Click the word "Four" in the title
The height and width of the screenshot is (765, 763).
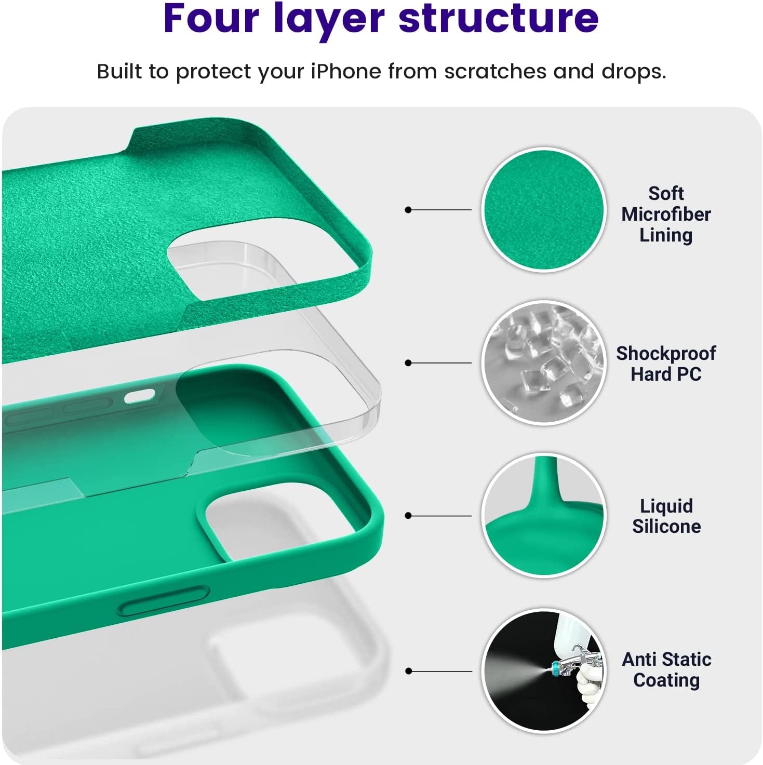[211, 18]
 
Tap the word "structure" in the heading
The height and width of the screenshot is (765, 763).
[499, 18]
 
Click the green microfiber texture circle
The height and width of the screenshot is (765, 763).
[544, 209]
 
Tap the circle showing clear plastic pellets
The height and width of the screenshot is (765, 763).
[544, 363]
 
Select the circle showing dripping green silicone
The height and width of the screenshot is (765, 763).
[544, 515]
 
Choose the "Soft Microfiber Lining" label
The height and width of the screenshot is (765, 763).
[666, 214]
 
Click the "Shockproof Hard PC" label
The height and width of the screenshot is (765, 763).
[666, 364]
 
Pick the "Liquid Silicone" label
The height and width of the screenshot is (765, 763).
[666, 516]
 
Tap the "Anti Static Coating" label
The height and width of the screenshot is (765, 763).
[666, 669]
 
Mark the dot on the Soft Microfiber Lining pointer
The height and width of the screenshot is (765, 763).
[408, 210]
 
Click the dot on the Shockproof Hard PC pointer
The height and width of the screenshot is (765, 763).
[408, 363]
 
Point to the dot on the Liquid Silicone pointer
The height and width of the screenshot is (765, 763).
[408, 516]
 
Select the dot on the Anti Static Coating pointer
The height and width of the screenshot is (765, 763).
[409, 671]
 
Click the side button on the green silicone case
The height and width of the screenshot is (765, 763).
[163, 601]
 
